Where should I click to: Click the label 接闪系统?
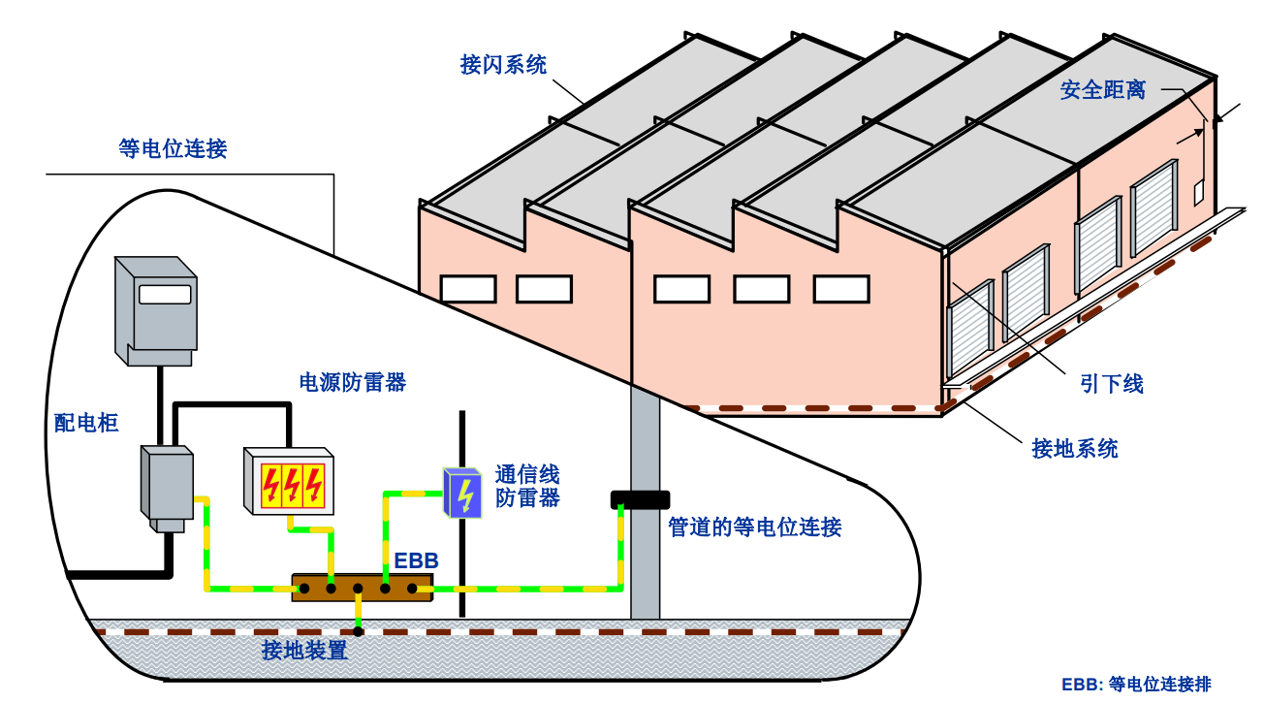pos(503,65)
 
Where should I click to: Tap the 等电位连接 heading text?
pos(173,148)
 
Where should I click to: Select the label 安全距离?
pos(1102,90)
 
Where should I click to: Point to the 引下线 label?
pos(1112,384)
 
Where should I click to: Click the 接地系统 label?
pos(1074,449)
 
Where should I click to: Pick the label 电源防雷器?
pos(352,382)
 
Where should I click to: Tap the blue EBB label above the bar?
pos(416,560)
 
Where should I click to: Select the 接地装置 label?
pos(304,651)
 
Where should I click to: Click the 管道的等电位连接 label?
pos(755,527)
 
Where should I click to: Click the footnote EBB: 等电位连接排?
pos(1136,684)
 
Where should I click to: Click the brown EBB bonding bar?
pos(361,588)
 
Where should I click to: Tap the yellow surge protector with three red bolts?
pos(289,482)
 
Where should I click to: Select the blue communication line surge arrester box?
pos(462,493)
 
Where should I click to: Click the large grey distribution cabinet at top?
pos(156,308)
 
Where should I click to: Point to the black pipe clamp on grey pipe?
pos(640,500)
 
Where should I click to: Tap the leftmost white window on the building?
pos(468,289)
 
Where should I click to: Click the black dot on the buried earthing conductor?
pos(358,631)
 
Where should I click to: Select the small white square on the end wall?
pos(1198,191)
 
